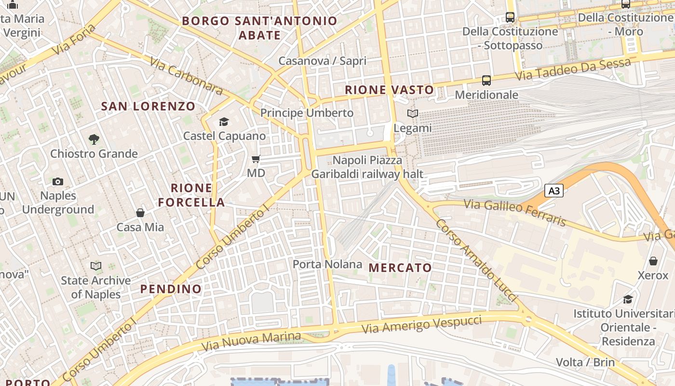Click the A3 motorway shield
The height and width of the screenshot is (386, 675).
pos(554,191)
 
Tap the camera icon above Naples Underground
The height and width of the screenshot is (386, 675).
pos(58,181)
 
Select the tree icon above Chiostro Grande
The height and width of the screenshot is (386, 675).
pos(94,139)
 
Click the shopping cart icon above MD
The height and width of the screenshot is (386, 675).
pos(256,159)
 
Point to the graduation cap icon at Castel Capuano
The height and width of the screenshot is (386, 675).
pos(224,122)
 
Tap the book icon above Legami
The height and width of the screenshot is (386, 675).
pos(412,114)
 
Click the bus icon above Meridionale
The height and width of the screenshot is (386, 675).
pos(486,81)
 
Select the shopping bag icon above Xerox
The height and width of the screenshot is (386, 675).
pos(653,261)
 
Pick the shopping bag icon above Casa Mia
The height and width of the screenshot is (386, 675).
pos(140,213)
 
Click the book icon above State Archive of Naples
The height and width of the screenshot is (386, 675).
pos(96,266)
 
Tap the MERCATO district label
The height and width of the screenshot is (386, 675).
pos(400,267)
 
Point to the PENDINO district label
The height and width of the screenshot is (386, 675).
pos(171,289)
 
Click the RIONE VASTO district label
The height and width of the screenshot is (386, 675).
pos(390,90)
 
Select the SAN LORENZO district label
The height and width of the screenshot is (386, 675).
pos(148,106)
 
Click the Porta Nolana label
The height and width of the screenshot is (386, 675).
pos(327,264)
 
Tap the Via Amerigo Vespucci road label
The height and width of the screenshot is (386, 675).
pos(422,324)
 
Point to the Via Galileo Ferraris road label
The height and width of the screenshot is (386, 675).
pos(515,213)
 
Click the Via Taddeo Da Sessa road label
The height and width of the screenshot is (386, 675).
pos(573,69)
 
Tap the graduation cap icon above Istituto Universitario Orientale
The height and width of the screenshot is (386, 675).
pos(628,299)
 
